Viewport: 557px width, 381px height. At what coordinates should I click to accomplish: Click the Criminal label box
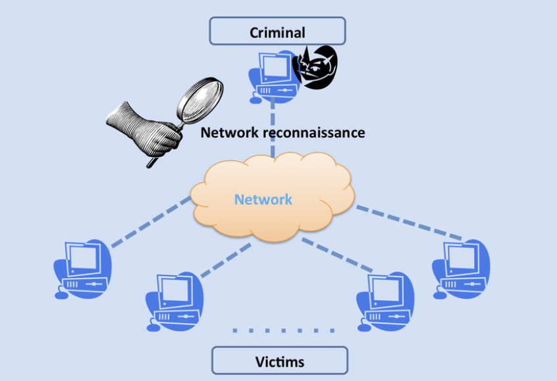tap(277, 31)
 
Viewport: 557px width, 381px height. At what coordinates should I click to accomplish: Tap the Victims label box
tap(280, 361)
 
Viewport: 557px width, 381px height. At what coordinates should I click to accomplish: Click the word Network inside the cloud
tap(263, 199)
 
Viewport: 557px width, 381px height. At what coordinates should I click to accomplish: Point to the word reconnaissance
tap(314, 133)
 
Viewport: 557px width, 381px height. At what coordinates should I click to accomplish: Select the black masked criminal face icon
tap(315, 68)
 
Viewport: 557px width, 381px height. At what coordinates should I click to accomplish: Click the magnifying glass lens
tap(199, 98)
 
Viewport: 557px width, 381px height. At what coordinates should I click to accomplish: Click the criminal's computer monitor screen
tap(275, 68)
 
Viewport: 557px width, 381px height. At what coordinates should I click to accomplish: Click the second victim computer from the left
tap(174, 301)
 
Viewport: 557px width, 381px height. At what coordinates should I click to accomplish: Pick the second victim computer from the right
tap(385, 301)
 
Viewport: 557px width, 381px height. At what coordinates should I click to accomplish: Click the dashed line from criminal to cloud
tap(273, 128)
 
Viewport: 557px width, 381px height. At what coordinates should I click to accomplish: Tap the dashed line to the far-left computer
tap(151, 222)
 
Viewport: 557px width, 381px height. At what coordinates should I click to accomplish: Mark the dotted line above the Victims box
tap(284, 330)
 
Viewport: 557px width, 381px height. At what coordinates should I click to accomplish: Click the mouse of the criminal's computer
tap(255, 100)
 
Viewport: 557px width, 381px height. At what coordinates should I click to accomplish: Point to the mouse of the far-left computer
tap(61, 295)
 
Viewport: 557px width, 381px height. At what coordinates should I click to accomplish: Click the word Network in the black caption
tap(230, 133)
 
